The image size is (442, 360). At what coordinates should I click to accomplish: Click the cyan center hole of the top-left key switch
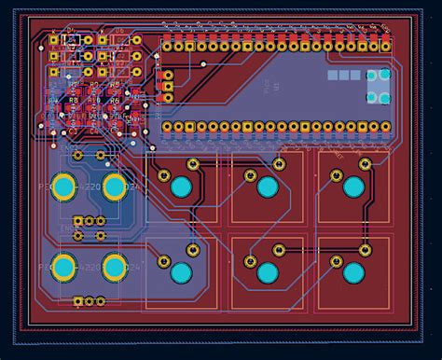[x=181, y=186]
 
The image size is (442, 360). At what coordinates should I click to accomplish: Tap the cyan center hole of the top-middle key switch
[x=268, y=187]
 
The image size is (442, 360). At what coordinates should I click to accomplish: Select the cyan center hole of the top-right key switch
[x=353, y=187]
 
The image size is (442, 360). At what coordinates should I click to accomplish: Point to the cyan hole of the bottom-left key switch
[x=181, y=273]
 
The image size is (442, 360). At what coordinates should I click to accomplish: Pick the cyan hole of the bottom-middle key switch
[x=268, y=274]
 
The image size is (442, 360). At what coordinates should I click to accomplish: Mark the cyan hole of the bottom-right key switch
[x=353, y=274]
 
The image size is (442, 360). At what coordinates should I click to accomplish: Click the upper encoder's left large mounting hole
[x=63, y=187]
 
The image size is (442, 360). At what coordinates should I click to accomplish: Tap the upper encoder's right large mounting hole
[x=114, y=187]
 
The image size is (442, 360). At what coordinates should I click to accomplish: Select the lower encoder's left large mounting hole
[x=63, y=268]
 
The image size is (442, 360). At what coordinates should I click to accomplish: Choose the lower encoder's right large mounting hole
[x=114, y=268]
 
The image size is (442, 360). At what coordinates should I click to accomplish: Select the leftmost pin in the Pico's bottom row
[x=168, y=126]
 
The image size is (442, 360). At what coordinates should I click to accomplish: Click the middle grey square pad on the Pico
[x=343, y=75]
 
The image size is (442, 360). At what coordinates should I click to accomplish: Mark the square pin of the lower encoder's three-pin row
[x=76, y=301]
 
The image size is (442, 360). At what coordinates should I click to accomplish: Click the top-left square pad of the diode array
[x=55, y=42]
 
